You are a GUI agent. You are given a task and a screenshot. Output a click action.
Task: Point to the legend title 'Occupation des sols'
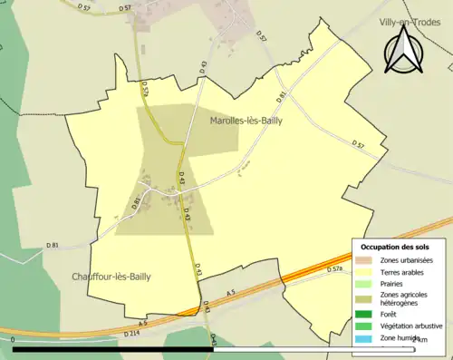pos(395,247)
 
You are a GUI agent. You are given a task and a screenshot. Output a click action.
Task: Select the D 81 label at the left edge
pos(53,245)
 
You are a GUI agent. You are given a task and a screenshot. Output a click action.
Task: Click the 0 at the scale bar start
pos(14,340)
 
